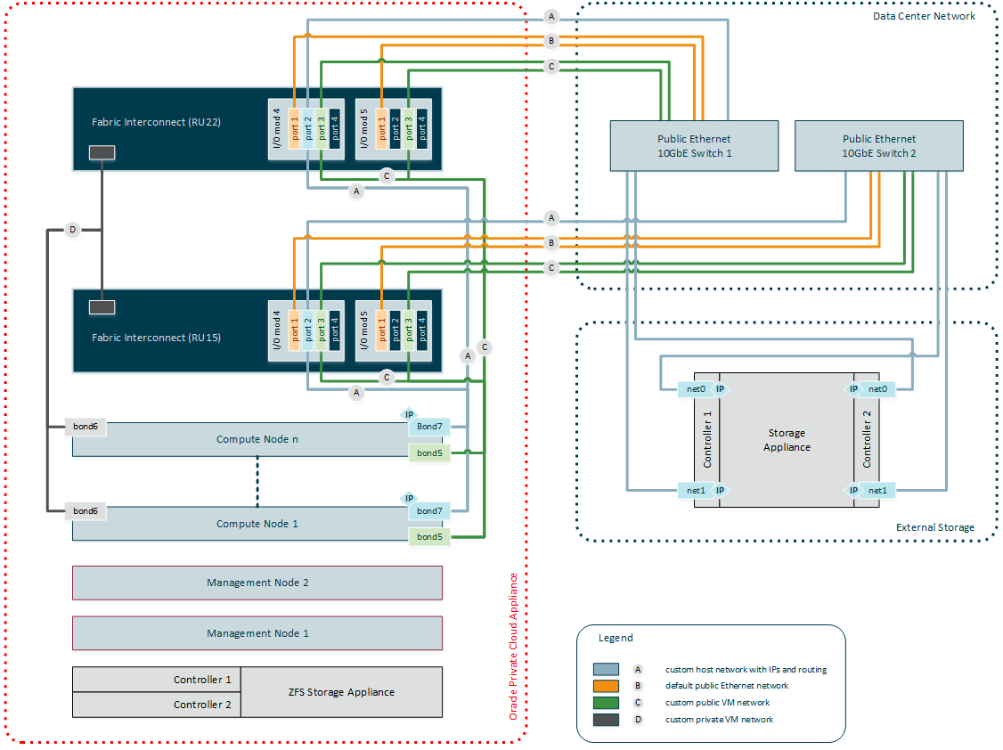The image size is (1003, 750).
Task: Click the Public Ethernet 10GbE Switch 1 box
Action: click(694, 145)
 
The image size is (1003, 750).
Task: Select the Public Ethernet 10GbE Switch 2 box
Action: click(878, 145)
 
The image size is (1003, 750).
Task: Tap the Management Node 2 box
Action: click(257, 583)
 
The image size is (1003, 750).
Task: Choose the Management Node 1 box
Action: click(257, 633)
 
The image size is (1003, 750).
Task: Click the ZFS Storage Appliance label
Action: click(341, 692)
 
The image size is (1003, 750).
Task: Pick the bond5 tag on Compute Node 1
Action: click(429, 536)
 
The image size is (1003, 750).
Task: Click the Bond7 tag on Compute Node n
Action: click(429, 427)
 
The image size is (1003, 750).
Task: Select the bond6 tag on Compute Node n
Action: click(86, 428)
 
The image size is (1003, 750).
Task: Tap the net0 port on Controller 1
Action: click(697, 389)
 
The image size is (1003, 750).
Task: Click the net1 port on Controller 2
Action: click(877, 490)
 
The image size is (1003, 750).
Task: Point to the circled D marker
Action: click(73, 230)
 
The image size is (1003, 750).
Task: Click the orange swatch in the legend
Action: click(607, 686)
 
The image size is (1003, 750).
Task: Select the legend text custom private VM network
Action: click(719, 720)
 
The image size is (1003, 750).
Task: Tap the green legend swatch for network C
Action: click(607, 703)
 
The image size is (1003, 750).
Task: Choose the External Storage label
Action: click(934, 527)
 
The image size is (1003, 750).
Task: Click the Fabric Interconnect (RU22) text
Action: click(156, 122)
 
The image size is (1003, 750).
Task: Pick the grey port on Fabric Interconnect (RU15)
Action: click(102, 307)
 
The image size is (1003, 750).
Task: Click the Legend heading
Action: click(616, 638)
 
